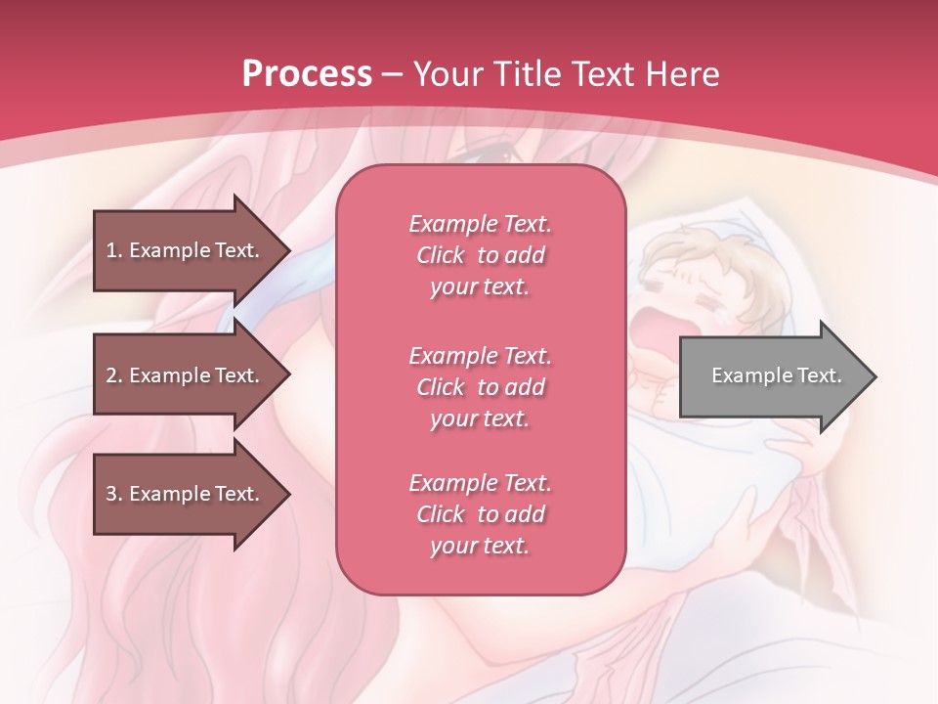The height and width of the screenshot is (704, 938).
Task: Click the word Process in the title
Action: (307, 74)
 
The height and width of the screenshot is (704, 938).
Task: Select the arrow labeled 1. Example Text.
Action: (186, 250)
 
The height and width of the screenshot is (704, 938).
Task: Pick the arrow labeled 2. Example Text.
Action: (186, 375)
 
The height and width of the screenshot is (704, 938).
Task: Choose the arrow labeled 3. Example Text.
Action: (186, 494)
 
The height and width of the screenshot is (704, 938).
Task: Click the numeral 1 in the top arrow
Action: (111, 250)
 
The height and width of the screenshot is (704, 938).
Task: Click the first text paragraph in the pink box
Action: (480, 255)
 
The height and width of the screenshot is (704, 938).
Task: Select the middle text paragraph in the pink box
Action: (480, 386)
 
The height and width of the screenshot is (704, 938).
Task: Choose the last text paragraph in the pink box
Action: (480, 513)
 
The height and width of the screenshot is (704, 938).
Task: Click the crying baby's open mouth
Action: (654, 333)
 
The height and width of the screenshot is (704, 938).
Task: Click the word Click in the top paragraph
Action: (441, 255)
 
